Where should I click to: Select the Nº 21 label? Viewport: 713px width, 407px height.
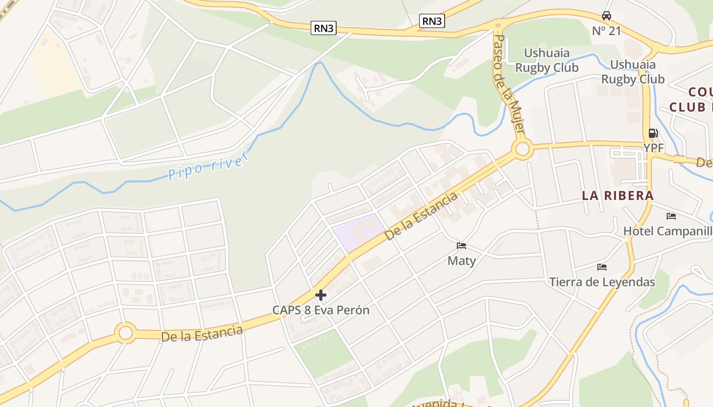click(x=607, y=31)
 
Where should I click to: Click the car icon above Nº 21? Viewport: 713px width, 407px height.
click(x=606, y=16)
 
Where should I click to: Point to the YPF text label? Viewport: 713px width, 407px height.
click(x=653, y=148)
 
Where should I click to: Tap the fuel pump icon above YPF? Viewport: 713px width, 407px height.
click(x=653, y=133)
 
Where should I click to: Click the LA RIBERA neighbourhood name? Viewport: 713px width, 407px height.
click(x=617, y=195)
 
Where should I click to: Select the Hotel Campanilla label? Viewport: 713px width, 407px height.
click(x=668, y=231)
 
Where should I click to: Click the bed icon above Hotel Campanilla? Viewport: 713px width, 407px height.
click(x=671, y=216)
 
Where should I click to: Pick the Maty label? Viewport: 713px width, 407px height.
click(x=461, y=261)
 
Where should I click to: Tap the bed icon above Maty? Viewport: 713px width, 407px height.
click(x=461, y=246)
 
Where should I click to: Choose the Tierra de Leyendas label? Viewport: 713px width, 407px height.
click(x=602, y=282)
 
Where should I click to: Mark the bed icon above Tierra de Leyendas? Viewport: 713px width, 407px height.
click(x=602, y=267)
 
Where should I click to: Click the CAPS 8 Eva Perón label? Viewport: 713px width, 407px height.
click(x=321, y=310)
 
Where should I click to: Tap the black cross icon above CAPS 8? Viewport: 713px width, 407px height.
click(x=321, y=295)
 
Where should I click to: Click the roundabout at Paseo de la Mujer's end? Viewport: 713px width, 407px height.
click(x=522, y=150)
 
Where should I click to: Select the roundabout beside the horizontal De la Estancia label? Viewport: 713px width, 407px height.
click(x=125, y=333)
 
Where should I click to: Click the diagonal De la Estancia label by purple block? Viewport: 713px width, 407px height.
click(x=421, y=217)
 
